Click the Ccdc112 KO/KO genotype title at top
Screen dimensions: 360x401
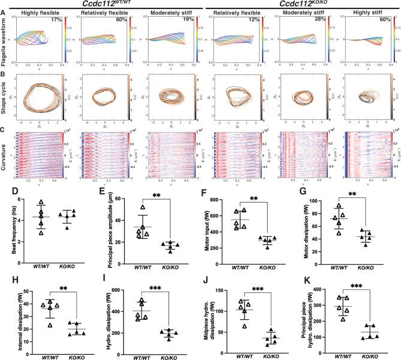pyautogui.click(x=300, y=4)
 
